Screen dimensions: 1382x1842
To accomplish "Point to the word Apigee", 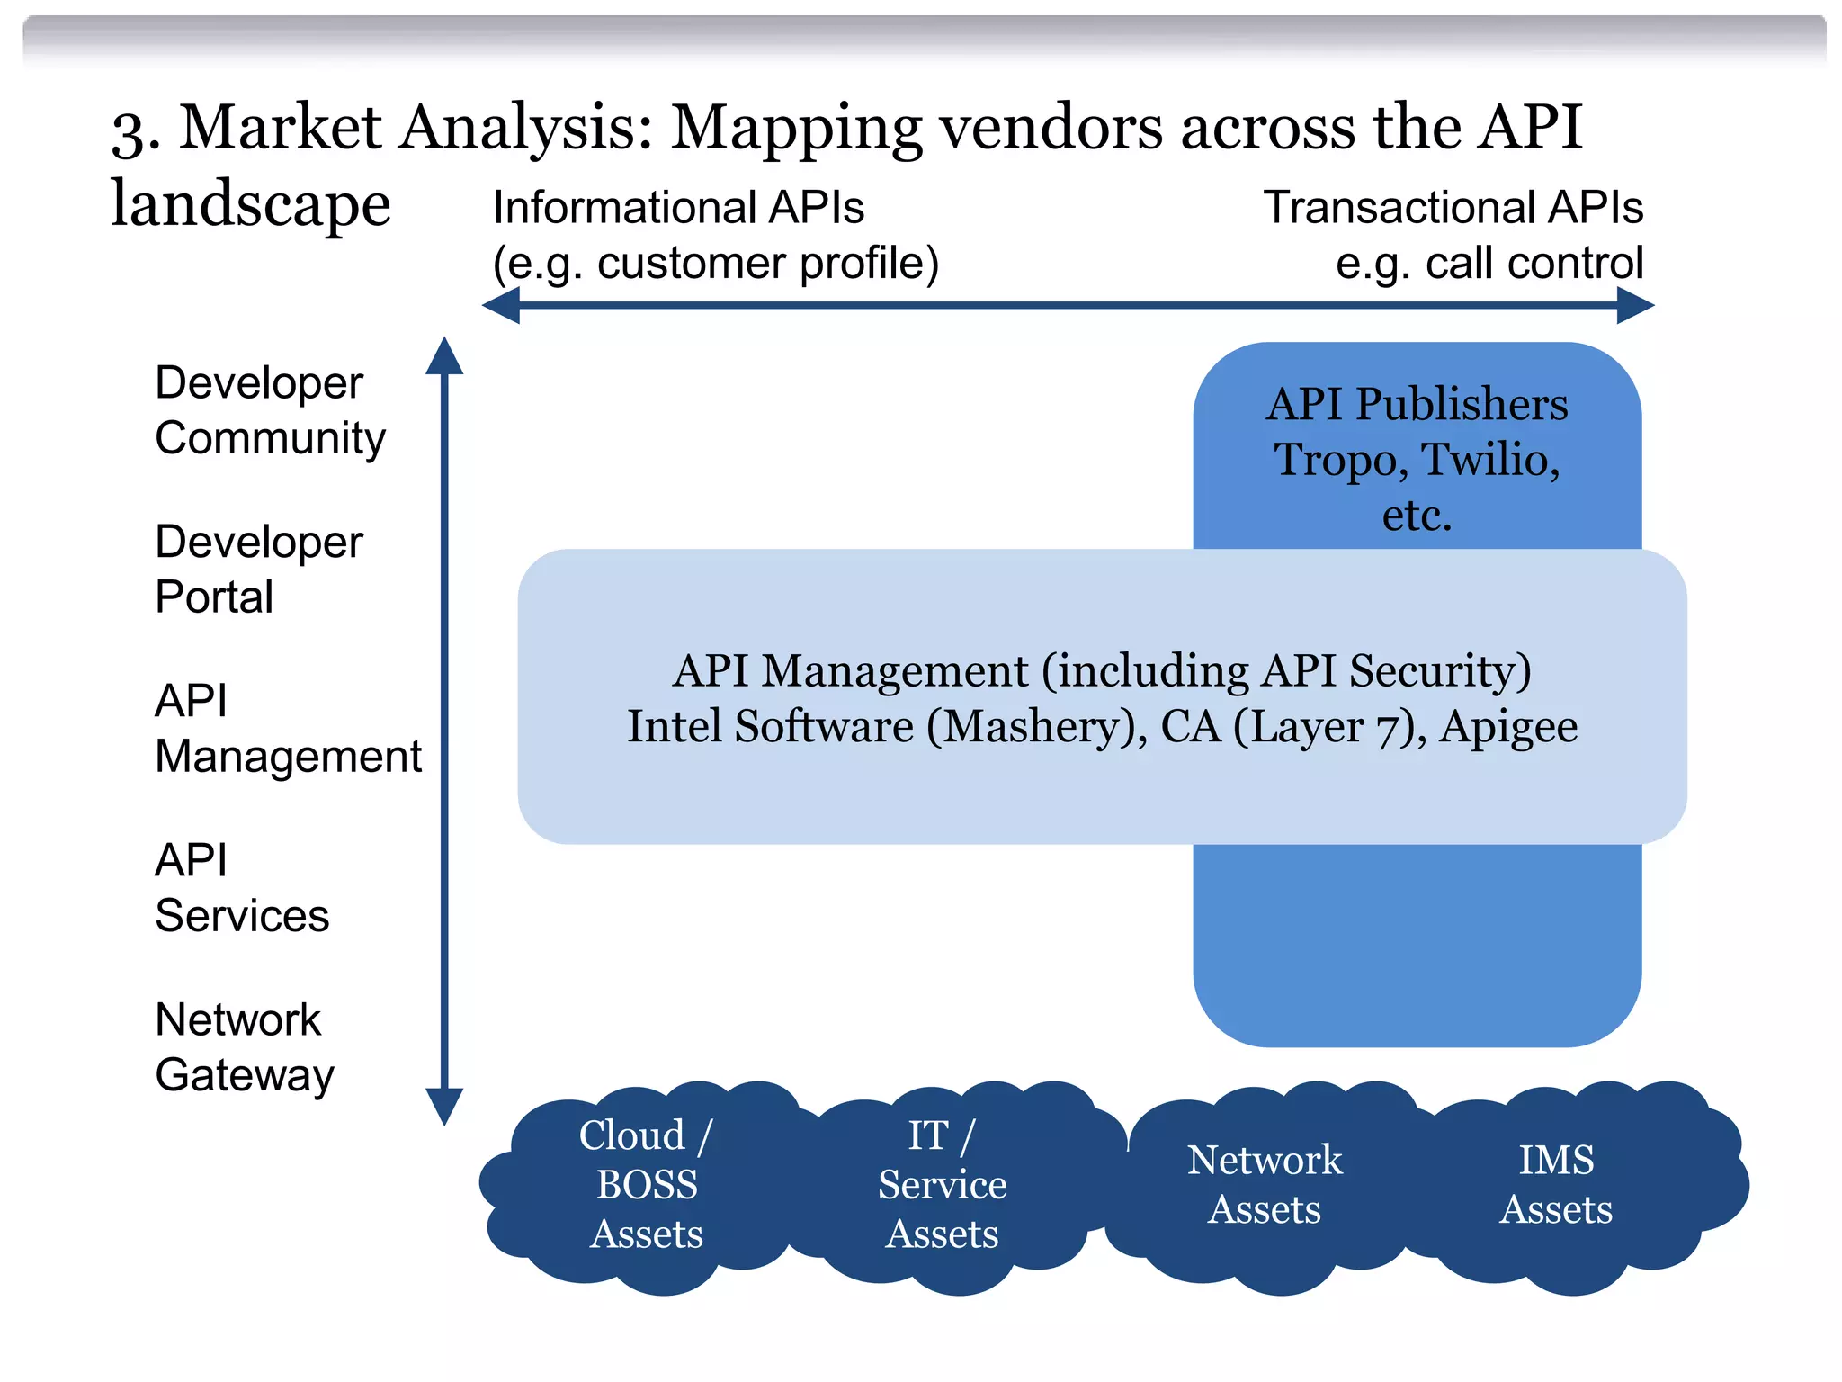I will click(x=1507, y=726).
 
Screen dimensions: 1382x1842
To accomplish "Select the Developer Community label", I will click(x=269, y=410).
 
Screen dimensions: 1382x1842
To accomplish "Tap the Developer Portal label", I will click(x=258, y=569).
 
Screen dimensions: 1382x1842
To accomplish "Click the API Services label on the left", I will click(x=241, y=887).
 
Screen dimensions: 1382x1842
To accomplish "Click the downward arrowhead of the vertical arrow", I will click(x=444, y=1107).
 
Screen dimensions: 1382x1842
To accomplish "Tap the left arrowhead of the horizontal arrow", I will click(x=502, y=306).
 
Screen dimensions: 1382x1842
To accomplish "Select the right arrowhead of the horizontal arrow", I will click(x=1634, y=306).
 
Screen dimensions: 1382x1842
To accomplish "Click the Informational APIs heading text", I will click(x=678, y=208).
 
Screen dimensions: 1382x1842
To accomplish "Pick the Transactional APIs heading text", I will click(x=1453, y=208).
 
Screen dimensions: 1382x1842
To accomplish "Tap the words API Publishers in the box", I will click(x=1417, y=404).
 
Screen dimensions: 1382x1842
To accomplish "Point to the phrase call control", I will click(x=1534, y=264).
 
